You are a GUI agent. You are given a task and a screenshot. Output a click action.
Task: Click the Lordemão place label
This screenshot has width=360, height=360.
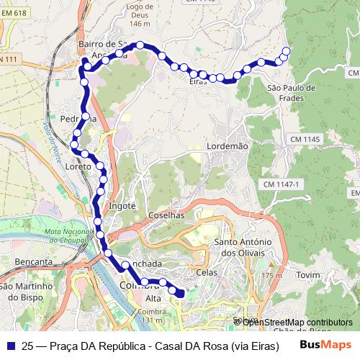[227, 145]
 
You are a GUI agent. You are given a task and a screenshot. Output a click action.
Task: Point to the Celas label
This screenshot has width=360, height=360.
[207, 273]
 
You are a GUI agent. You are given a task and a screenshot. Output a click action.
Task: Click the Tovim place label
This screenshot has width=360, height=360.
[307, 275]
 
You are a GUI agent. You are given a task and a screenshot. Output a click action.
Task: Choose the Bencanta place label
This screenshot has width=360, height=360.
[27, 262]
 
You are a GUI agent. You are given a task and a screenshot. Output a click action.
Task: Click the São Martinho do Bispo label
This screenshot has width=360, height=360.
[27, 292]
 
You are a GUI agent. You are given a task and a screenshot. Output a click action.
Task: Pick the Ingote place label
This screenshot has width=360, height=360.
[122, 206]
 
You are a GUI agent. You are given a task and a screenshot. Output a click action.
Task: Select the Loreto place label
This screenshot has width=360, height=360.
[78, 166]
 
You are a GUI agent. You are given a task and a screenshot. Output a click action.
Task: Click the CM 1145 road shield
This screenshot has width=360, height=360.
[305, 138]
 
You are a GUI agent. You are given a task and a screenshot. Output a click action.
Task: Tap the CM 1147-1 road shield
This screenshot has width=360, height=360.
[280, 185]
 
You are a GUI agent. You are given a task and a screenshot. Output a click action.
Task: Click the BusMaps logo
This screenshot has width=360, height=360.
[325, 345]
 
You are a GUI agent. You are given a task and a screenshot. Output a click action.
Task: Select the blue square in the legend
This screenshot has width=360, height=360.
[10, 346]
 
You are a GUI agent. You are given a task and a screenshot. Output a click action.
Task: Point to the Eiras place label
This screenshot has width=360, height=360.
[197, 82]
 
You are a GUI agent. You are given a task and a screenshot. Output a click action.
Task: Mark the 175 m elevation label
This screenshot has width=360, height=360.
[273, 276]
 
